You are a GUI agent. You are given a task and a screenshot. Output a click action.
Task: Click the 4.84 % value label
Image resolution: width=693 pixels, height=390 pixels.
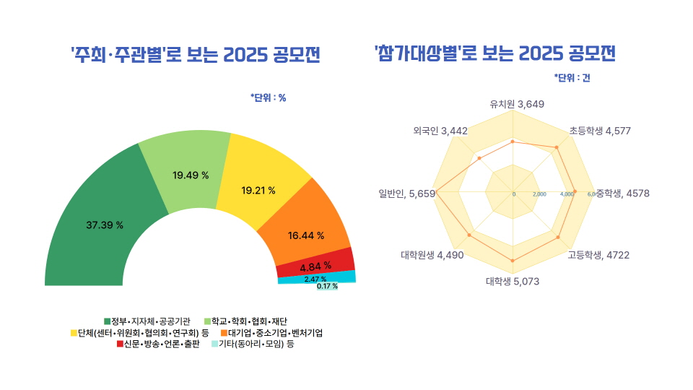point(315,265)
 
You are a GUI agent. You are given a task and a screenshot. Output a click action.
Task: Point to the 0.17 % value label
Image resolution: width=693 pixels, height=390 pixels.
point(327,286)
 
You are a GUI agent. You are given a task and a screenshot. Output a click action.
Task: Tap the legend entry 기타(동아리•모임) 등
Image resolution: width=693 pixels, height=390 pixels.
point(252,344)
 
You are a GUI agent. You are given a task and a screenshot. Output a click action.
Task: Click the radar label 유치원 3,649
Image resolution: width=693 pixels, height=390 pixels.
point(516,104)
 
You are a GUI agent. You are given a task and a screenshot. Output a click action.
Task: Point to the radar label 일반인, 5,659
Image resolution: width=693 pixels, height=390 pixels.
point(406,193)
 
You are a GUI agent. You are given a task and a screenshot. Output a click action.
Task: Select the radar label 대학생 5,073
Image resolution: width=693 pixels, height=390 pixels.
point(513,281)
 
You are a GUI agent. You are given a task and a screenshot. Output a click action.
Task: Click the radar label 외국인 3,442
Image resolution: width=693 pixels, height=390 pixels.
point(440,131)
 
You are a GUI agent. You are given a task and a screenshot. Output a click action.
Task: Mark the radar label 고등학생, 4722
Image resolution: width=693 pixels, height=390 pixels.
point(598,254)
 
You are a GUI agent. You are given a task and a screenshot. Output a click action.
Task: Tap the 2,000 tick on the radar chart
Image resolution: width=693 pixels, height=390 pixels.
point(539,194)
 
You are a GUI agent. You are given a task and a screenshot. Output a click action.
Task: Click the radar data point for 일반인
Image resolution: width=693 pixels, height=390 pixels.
point(437,192)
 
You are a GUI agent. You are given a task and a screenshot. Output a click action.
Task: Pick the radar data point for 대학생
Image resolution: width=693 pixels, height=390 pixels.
point(513,260)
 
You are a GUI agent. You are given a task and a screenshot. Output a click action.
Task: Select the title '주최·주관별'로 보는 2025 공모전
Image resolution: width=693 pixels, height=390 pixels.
point(195,54)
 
